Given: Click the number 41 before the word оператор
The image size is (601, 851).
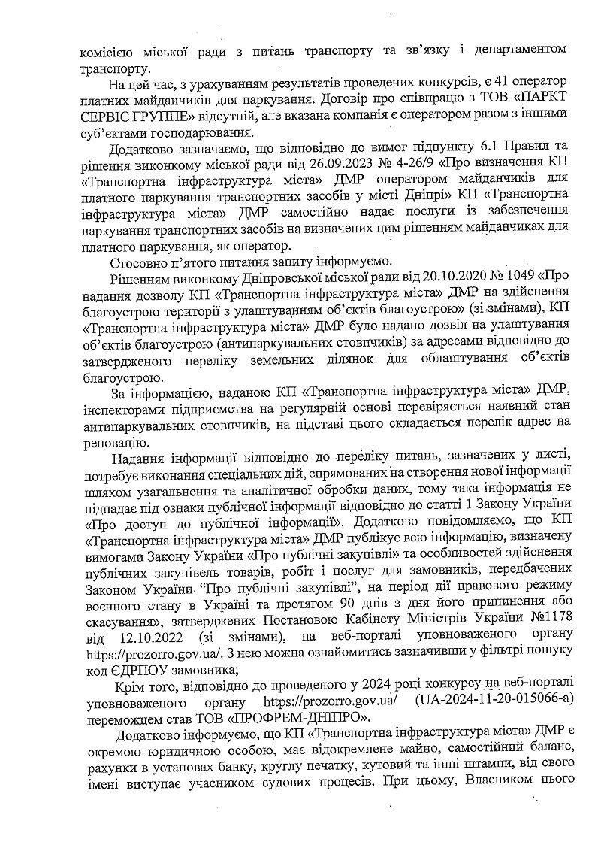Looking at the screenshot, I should [x=487, y=81].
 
